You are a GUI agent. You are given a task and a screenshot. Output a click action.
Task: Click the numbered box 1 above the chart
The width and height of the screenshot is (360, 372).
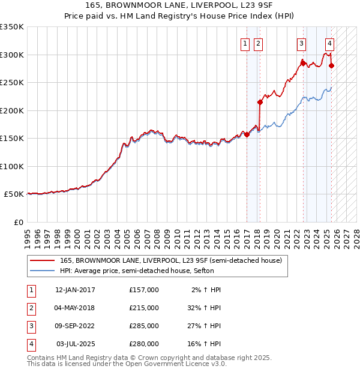click(x=246, y=43)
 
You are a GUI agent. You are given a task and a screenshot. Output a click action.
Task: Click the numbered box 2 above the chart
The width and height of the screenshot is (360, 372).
click(x=258, y=43)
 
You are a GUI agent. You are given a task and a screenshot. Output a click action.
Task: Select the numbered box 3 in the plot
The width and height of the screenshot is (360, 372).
click(x=301, y=43)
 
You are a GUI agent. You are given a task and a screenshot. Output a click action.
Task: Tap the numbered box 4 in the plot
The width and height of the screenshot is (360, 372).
click(x=330, y=43)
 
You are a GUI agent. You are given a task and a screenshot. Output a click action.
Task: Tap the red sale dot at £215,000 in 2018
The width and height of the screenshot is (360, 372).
click(x=260, y=103)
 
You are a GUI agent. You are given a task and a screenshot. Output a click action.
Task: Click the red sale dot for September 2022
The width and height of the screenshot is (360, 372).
click(x=304, y=63)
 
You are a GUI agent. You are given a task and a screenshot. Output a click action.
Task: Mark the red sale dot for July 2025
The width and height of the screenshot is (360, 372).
click(x=332, y=66)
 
